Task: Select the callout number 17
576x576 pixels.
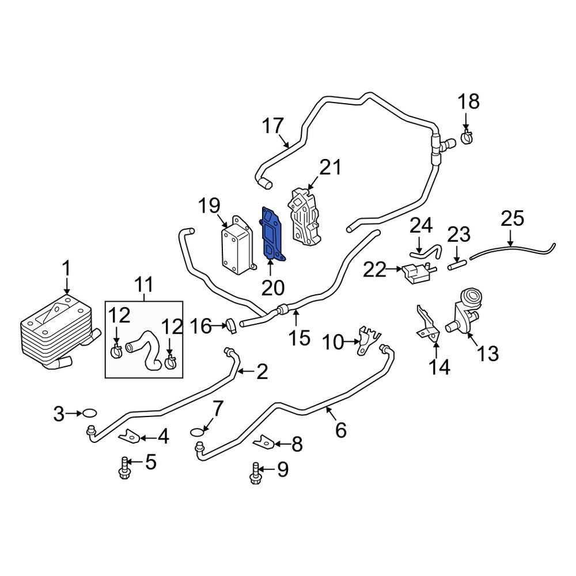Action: pos(274,126)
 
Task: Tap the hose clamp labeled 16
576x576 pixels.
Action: pos(232,326)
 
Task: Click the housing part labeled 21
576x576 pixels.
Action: pos(304,215)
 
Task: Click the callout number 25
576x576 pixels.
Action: pos(512,219)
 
